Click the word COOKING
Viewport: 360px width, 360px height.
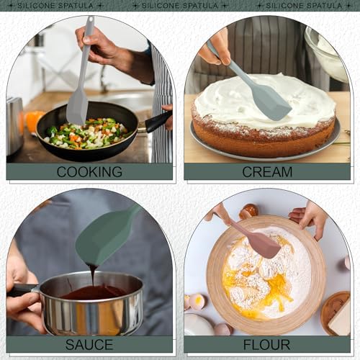coord(89,172)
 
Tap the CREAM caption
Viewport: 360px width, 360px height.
coord(267,172)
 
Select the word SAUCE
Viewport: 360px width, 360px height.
coord(89,345)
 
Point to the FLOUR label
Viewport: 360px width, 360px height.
coord(266,345)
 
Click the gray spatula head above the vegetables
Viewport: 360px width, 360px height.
coord(77,107)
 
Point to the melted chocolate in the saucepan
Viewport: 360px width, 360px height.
coord(95,292)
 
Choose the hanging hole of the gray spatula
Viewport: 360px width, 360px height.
coord(91,20)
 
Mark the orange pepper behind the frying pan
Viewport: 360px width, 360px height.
coord(35,121)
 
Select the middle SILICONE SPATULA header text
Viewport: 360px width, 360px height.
coord(180,6)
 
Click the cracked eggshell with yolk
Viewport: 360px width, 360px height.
coord(197,301)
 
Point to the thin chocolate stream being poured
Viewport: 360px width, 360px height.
coord(93,276)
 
